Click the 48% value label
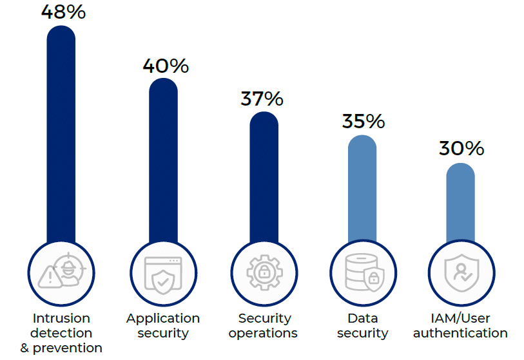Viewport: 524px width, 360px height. tap(63, 12)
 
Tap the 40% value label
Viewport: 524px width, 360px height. tap(166, 66)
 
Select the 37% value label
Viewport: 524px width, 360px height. tap(262, 99)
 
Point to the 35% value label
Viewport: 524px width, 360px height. tap(363, 121)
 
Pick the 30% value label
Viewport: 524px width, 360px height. tap(461, 148)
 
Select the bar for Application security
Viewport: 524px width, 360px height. tap(163, 161)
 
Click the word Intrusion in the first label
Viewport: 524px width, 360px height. tap(61, 318)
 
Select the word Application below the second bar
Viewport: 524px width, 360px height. tap(163, 318)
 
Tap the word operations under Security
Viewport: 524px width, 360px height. tap(263, 333)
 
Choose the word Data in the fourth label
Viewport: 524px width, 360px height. tap(362, 318)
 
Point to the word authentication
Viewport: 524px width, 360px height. tap(460, 333)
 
